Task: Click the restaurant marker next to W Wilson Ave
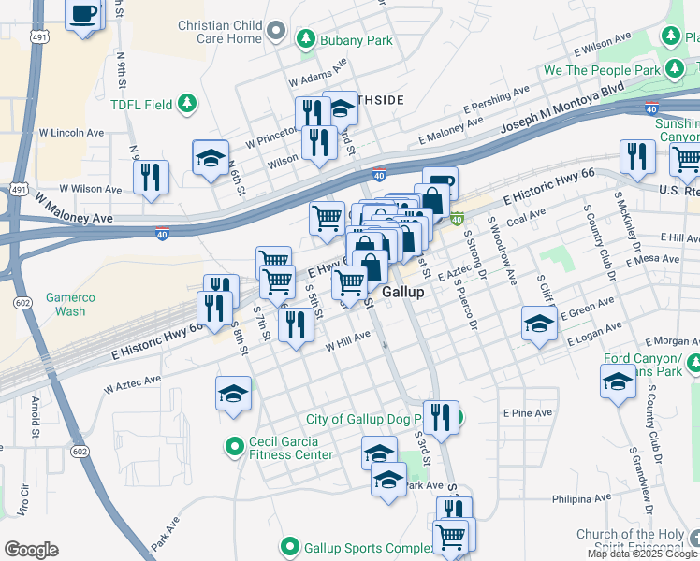(x=151, y=177)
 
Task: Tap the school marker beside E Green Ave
(x=539, y=324)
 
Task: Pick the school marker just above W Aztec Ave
(x=233, y=393)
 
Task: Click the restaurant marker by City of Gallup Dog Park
(x=440, y=415)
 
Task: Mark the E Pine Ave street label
(x=524, y=411)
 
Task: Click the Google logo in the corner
(x=31, y=550)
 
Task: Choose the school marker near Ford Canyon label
(x=618, y=381)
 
